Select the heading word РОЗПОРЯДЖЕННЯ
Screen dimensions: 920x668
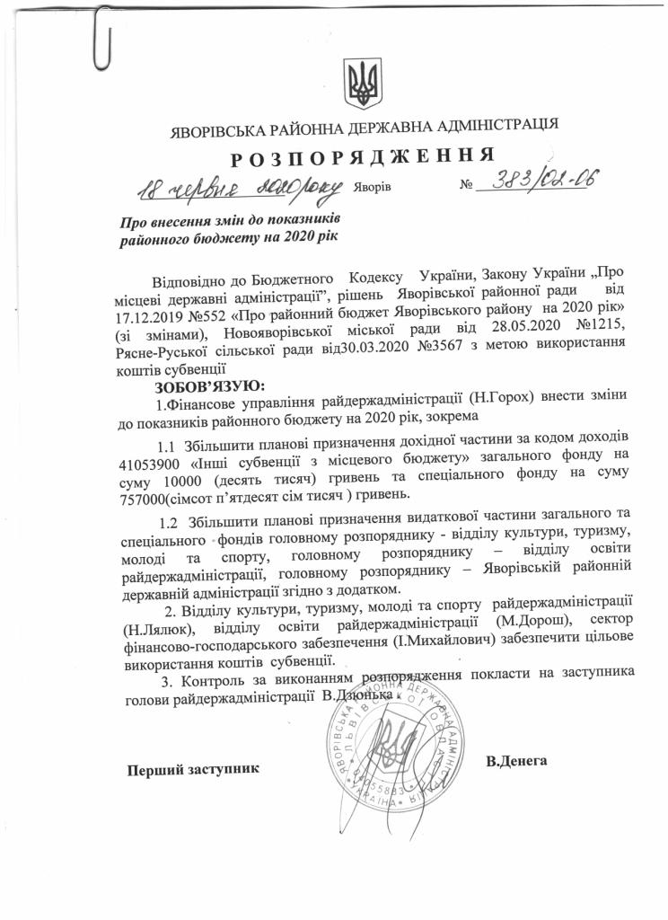364,156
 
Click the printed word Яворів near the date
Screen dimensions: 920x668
372,190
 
